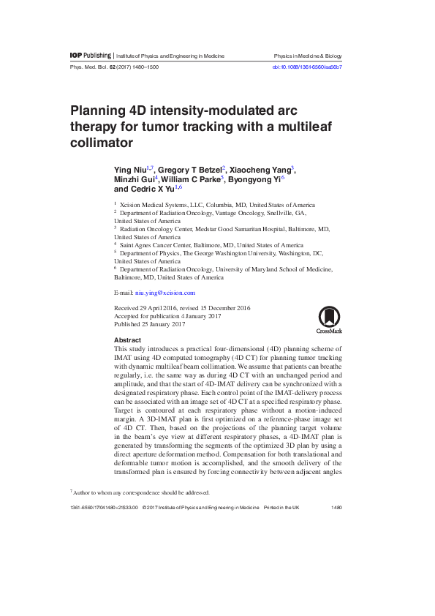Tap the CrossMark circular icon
tap(328, 317)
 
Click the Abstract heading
tap(127, 340)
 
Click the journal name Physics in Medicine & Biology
tap(307, 56)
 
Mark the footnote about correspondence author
tap(140, 492)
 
